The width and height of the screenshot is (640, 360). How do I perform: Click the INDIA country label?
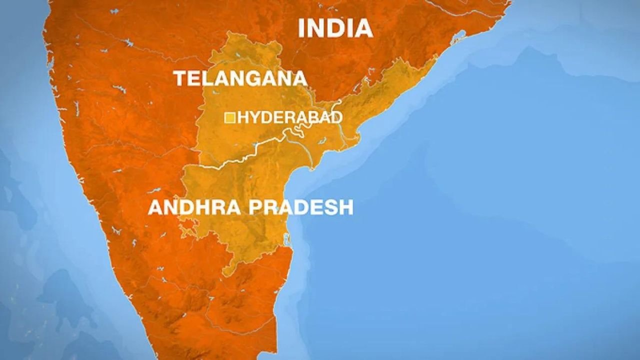coord(335,28)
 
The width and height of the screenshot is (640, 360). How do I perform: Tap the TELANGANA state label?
coord(240,78)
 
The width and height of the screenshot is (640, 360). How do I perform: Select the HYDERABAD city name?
coord(290,117)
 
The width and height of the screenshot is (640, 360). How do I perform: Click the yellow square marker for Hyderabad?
coord(230,118)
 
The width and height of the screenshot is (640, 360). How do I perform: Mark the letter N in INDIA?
coord(319,28)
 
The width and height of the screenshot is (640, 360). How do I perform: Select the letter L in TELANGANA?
coord(206,78)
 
